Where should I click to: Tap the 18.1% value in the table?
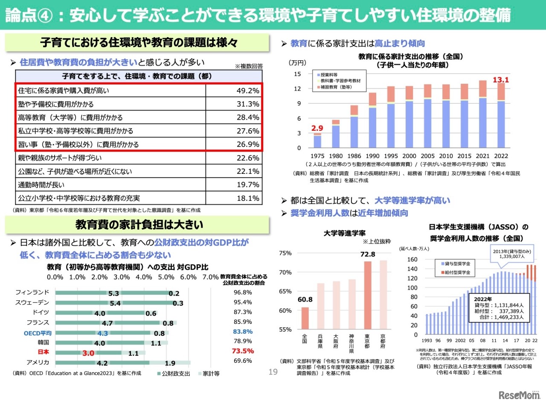coord(248,198)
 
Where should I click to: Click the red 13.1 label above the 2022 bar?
coord(501,80)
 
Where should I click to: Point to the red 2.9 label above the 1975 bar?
coord(317,128)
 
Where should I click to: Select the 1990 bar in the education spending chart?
coord(372,120)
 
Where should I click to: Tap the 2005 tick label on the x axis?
coord(428,156)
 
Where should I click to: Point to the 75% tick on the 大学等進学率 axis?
coord(285,253)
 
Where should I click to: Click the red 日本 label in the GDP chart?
coord(43,352)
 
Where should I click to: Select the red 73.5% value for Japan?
coord(243,351)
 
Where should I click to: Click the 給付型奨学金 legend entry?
coord(456,272)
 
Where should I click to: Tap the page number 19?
coord(273,372)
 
